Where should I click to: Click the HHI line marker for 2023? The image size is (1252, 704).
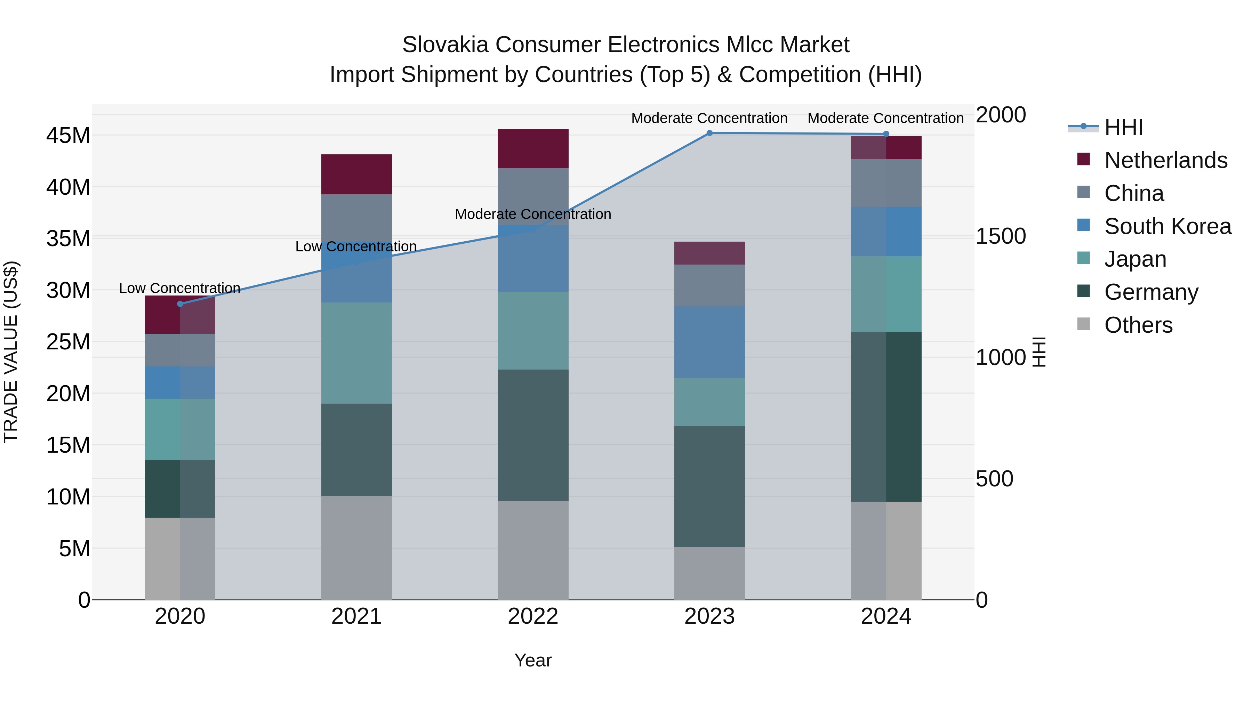click(709, 133)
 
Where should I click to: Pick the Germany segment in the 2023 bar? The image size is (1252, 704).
click(709, 486)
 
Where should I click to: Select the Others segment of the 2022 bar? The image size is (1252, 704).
click(533, 550)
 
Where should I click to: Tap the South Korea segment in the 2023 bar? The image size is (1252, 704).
click(709, 342)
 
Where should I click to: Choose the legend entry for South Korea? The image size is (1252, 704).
click(1167, 226)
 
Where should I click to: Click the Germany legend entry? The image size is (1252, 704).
click(1151, 292)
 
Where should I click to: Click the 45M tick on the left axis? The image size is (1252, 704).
click(68, 136)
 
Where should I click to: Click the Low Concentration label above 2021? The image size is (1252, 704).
click(356, 247)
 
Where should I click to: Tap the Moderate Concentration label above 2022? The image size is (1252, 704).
click(533, 214)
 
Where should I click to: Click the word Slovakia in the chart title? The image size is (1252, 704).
click(445, 45)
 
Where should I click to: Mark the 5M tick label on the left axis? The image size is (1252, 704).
click(74, 549)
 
